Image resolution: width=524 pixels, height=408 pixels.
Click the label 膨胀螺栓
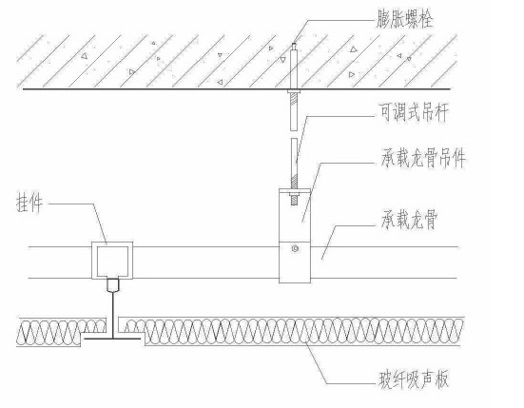click(405, 18)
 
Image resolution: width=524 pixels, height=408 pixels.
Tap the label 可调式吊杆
click(414, 112)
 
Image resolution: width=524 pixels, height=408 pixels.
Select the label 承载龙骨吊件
click(423, 157)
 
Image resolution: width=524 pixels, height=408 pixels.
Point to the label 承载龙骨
click(409, 220)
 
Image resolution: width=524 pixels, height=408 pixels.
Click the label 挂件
click(29, 204)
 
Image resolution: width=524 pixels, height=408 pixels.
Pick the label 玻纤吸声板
click(413, 379)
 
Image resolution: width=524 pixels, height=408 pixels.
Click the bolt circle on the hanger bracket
click(295, 248)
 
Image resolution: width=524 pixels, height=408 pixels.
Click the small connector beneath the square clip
click(113, 285)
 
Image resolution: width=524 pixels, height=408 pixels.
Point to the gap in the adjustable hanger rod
click(294, 134)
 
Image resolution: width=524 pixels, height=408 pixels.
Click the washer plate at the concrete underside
click(294, 91)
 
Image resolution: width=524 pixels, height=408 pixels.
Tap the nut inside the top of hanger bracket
click(295, 194)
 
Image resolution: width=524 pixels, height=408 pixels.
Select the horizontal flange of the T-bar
click(111, 339)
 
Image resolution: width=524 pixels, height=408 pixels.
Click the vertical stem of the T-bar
click(113, 315)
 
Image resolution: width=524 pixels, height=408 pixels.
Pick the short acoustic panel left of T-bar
click(61, 332)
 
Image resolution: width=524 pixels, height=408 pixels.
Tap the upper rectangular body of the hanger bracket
click(295, 215)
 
